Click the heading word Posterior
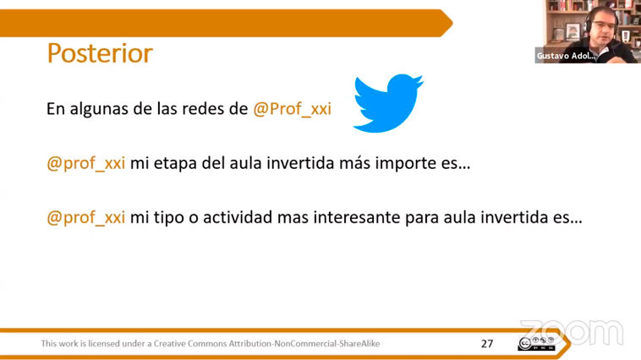coord(100,53)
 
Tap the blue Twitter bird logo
coord(387,103)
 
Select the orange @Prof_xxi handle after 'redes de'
coord(292,109)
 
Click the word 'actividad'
coord(238,217)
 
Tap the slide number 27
coord(487,344)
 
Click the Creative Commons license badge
coord(536,344)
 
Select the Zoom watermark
coord(572,332)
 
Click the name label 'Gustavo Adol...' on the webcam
coord(567,56)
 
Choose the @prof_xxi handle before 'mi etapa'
coord(86,164)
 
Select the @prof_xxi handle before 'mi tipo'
coord(86,218)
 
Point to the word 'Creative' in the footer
coord(167,344)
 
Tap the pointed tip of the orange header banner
coord(452,23)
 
